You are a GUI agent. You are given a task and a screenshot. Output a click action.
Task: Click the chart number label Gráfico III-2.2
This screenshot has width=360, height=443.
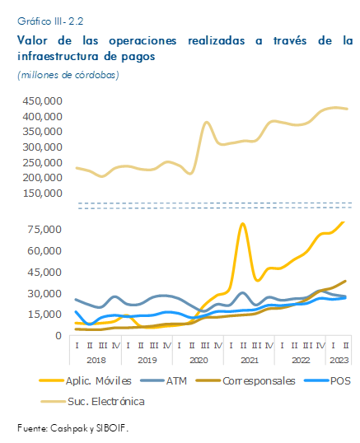pyautogui.click(x=50, y=21)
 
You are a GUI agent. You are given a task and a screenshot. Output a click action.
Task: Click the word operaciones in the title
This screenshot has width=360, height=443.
pyautogui.click(x=143, y=41)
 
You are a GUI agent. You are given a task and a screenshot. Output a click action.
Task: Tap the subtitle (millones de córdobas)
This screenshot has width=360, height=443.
pyautogui.click(x=68, y=75)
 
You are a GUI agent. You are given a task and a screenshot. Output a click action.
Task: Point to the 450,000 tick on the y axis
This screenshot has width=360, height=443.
pyautogui.click(x=42, y=100)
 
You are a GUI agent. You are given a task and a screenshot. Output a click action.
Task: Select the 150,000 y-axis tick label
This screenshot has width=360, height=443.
pyautogui.click(x=42, y=194)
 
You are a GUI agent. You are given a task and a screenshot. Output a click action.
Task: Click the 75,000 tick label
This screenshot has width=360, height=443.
pyautogui.click(x=44, y=230)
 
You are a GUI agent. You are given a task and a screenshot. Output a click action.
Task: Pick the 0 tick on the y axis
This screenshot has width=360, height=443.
pyautogui.click(x=58, y=336)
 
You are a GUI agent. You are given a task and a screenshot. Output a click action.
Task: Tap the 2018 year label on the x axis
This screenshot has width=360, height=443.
pyautogui.click(x=96, y=360)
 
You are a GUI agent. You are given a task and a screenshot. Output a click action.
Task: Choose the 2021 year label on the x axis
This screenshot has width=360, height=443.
pyautogui.click(x=250, y=360)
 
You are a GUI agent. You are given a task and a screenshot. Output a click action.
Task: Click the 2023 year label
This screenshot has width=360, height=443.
pyautogui.click(x=339, y=360)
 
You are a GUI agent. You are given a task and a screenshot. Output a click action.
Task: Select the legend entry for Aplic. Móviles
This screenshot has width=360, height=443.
pyautogui.click(x=86, y=381)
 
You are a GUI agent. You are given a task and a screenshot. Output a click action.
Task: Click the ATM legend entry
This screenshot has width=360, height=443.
pyautogui.click(x=164, y=381)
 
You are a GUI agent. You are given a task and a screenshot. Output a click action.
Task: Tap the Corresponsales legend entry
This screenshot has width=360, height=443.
pyautogui.click(x=245, y=381)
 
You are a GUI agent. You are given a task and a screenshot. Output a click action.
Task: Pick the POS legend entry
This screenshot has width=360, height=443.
pyautogui.click(x=327, y=381)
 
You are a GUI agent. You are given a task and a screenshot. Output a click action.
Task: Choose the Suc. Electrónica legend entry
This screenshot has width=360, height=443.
pyautogui.click(x=93, y=402)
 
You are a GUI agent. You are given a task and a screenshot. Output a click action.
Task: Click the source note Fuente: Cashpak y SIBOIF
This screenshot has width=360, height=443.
pyautogui.click(x=72, y=428)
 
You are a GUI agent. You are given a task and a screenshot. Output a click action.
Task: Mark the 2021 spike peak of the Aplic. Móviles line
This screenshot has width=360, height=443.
pyautogui.click(x=242, y=224)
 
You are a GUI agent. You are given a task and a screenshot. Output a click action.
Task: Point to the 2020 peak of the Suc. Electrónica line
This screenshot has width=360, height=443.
pyautogui.click(x=207, y=123)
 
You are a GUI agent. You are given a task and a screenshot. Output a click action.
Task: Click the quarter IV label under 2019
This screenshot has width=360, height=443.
pyautogui.click(x=167, y=345)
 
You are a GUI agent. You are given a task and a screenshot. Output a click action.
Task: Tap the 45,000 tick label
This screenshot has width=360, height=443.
pyautogui.click(x=44, y=272)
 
